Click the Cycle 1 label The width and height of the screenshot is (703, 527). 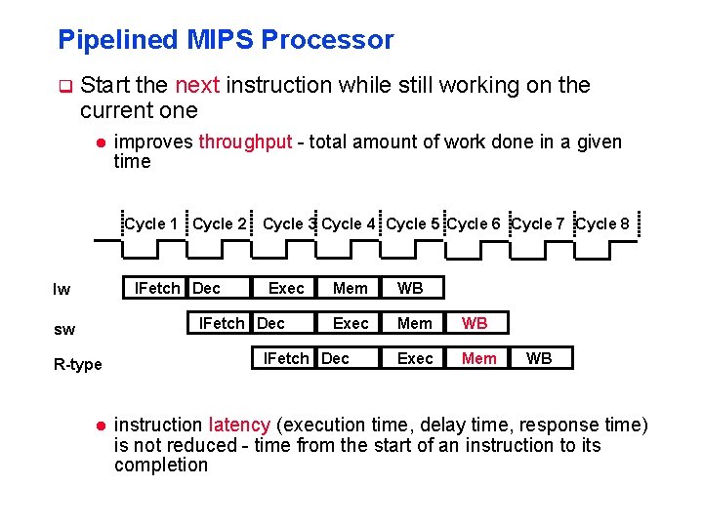click(151, 223)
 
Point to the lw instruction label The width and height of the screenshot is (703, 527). click(62, 289)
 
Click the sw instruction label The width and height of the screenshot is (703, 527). click(64, 330)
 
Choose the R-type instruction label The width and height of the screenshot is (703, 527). click(78, 365)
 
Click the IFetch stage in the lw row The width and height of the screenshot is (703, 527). click(156, 288)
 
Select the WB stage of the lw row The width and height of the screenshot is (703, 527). click(410, 288)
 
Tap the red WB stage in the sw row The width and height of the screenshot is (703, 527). click(476, 323)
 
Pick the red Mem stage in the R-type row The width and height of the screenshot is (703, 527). click(478, 358)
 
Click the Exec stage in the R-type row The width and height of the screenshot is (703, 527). click(415, 358)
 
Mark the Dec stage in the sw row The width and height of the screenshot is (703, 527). click(270, 323)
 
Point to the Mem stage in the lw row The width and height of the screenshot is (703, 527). click(351, 288)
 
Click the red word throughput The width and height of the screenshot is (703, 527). click(245, 142)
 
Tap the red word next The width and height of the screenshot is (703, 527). click(198, 85)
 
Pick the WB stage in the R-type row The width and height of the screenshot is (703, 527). click(539, 358)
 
